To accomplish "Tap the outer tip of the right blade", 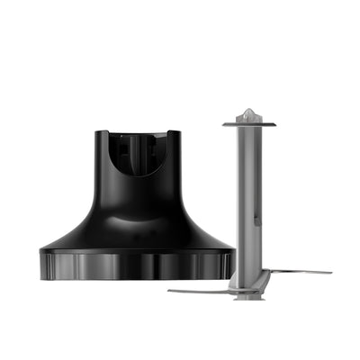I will [328, 272].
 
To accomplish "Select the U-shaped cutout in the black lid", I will [138, 155].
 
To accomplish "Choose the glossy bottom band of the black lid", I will [138, 266].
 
